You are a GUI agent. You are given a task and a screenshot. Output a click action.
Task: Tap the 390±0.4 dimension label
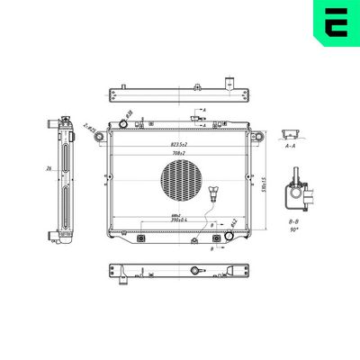pyautogui.click(x=178, y=220)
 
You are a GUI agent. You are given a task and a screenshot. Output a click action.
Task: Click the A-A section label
pyautogui.click(x=289, y=144)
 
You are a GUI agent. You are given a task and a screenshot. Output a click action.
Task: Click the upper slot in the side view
pyautogui.click(x=67, y=155)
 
